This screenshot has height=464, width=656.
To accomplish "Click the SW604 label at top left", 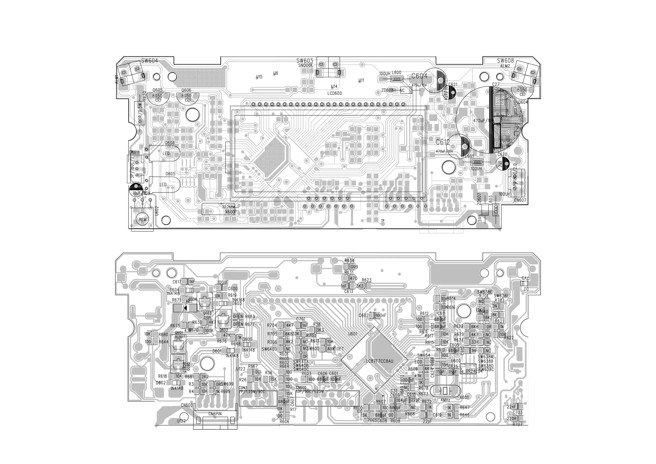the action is pos(149,61).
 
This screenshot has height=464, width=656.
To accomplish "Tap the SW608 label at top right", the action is pos(505,61).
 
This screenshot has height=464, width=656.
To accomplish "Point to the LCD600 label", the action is pos(334,93).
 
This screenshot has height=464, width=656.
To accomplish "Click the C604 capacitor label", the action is pos(419,76).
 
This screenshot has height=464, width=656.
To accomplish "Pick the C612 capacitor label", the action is pos(443,142).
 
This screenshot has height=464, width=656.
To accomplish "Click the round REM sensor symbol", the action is pos(142,219).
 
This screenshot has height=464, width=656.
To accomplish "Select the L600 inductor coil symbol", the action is pos(396,79).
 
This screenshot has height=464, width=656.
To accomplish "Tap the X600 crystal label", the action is pos(230,212).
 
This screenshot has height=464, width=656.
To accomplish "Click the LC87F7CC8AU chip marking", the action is pos(379,361).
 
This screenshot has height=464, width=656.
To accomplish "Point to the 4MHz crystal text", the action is pos(446,400).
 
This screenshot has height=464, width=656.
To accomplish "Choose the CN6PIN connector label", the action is pos(215,413).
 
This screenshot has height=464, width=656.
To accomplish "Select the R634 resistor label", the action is pos(349,261).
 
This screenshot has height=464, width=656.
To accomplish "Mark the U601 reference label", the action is pos(353,333).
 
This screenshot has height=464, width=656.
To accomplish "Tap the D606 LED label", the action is pos(170,143).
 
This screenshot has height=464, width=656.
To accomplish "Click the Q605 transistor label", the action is pos(157,90).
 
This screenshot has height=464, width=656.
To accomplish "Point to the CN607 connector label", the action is pos(520,200).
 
